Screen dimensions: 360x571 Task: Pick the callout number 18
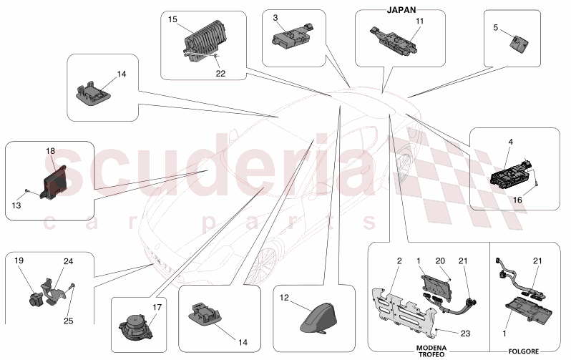pos(50,151)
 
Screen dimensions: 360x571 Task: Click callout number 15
pos(172,19)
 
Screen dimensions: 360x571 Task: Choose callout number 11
pos(419,21)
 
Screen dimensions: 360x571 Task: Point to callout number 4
pos(510,142)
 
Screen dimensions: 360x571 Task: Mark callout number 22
pos(220,72)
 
